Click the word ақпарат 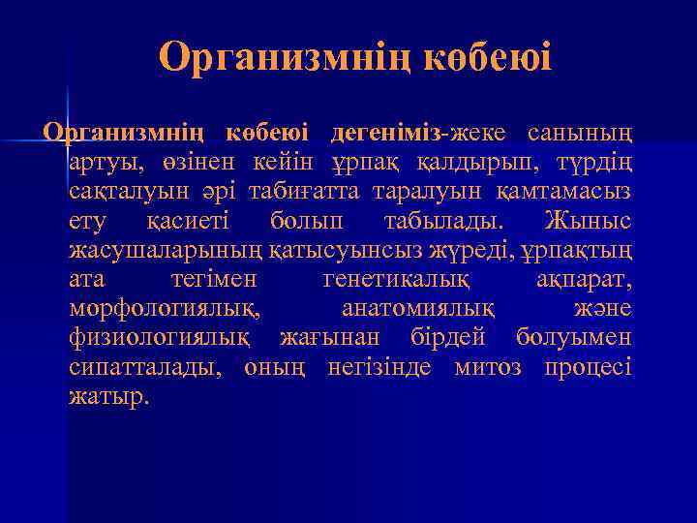(584, 279)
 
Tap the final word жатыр (109, 396)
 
